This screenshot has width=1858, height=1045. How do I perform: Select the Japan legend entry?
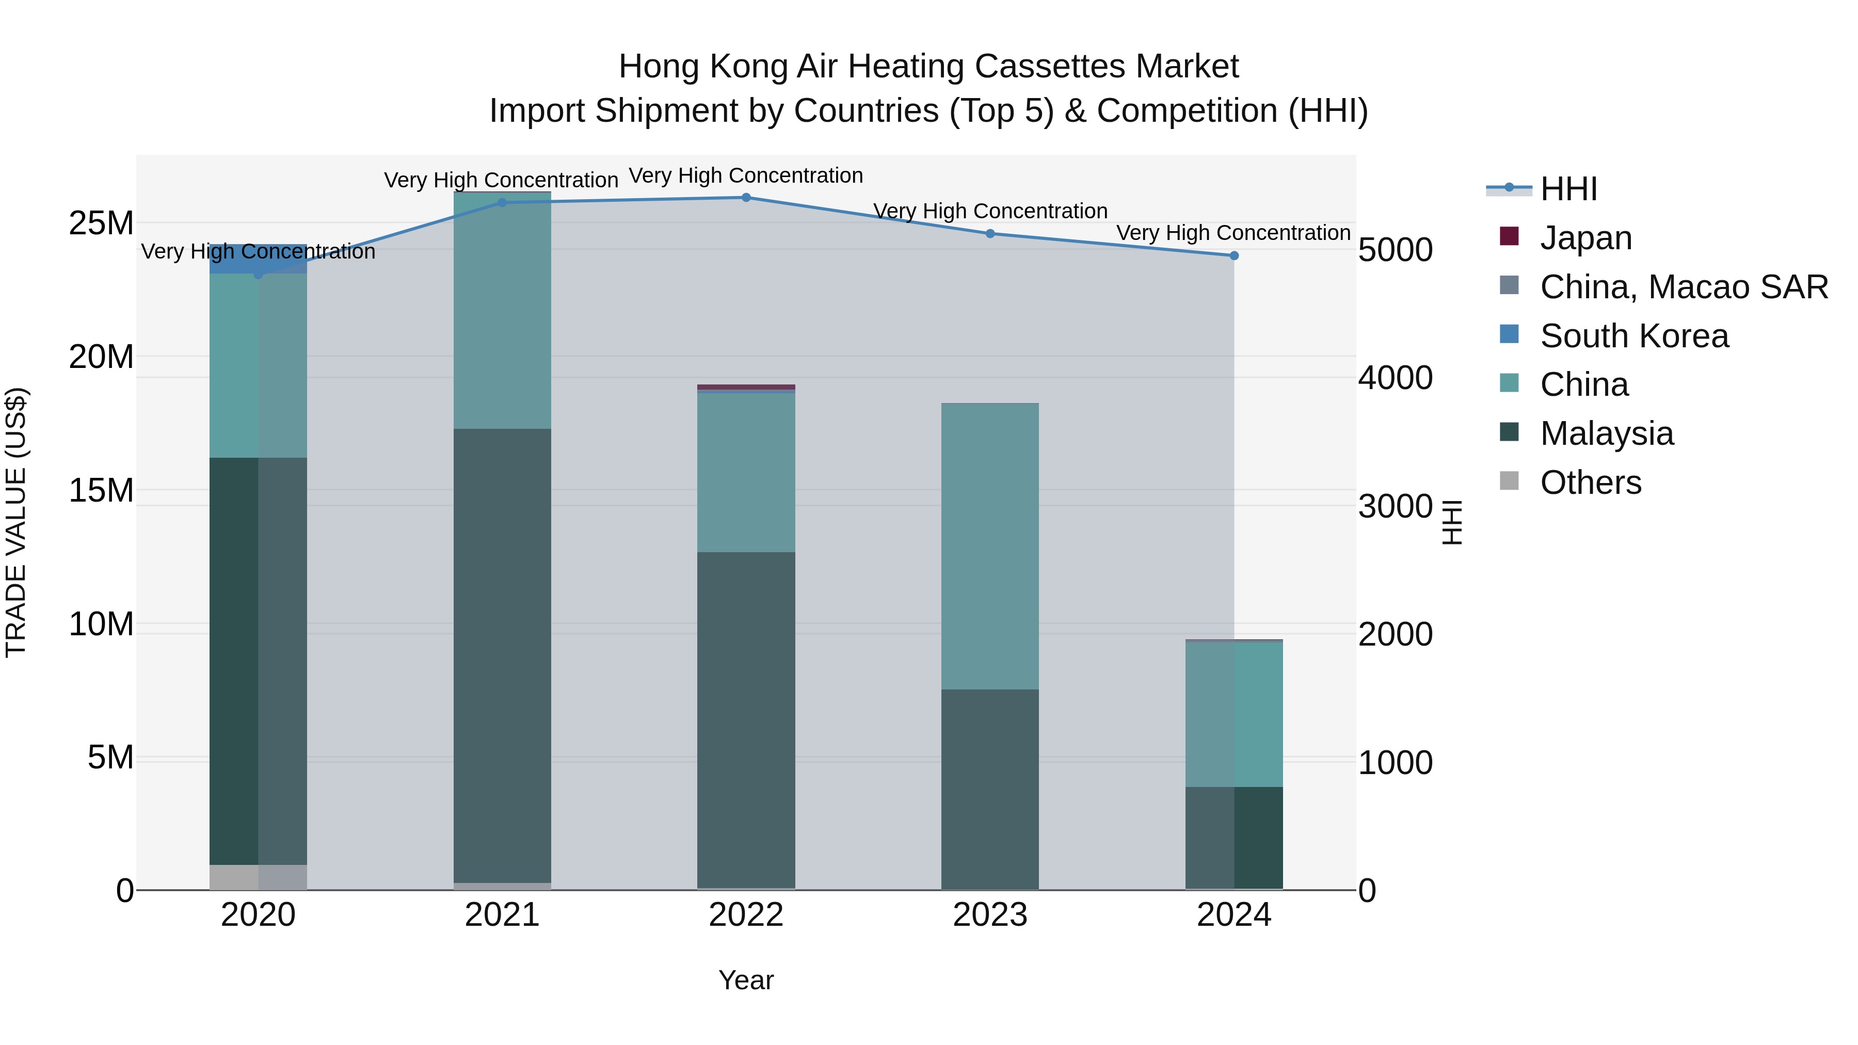1585,238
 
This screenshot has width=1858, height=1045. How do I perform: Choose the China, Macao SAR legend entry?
1684,287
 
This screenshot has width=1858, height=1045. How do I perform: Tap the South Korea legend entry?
1633,336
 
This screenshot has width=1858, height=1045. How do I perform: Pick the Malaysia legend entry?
1606,433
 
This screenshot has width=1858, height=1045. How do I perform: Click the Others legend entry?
1591,483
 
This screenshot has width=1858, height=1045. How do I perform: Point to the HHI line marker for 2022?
746,198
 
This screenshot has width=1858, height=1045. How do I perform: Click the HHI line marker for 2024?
1234,256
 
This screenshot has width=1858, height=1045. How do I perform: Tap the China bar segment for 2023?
989,546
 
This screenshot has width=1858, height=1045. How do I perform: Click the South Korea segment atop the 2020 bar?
258,259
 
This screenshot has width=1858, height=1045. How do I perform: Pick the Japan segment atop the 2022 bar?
746,387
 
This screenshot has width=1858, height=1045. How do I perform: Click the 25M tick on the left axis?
101,223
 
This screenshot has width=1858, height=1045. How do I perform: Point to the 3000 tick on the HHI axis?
1395,506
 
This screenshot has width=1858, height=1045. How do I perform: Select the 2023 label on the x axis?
989,915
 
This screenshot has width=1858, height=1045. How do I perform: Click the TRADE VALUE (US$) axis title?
17,522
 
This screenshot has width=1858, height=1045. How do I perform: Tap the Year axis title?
746,980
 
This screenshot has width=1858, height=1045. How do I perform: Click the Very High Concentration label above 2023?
989,211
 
